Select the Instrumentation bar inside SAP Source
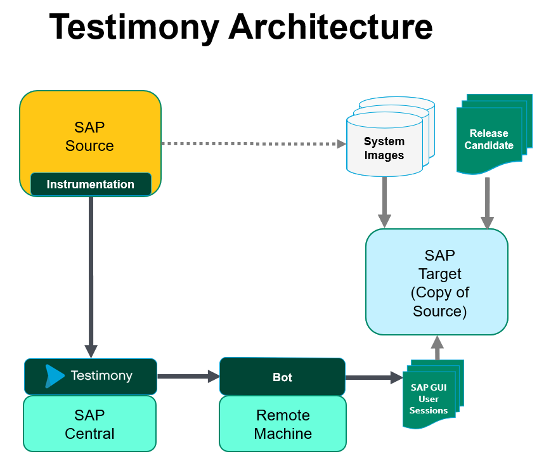91,185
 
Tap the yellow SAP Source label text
89,136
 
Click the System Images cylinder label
384,148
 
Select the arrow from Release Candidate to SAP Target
487,203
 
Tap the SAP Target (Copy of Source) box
437,283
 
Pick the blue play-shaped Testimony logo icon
55,376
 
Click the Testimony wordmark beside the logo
101,375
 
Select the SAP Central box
89,424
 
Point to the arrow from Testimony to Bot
188,377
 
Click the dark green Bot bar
282,377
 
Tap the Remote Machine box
283,424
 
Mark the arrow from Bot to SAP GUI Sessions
374,378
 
